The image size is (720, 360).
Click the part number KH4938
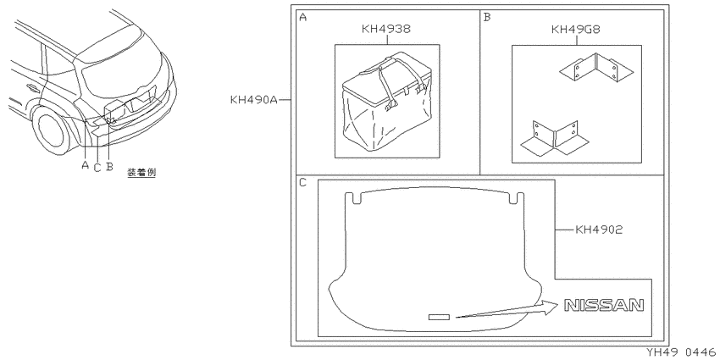click(x=386, y=29)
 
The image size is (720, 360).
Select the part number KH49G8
click(x=576, y=30)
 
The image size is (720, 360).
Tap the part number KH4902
click(x=599, y=230)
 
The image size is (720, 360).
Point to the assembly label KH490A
click(x=254, y=100)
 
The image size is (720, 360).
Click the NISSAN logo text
click(x=604, y=305)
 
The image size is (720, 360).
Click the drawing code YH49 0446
click(x=681, y=352)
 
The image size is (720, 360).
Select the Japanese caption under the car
click(x=141, y=173)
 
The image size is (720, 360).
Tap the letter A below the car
click(x=85, y=164)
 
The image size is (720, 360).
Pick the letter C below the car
click(x=97, y=168)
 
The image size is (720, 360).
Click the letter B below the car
click(x=109, y=166)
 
